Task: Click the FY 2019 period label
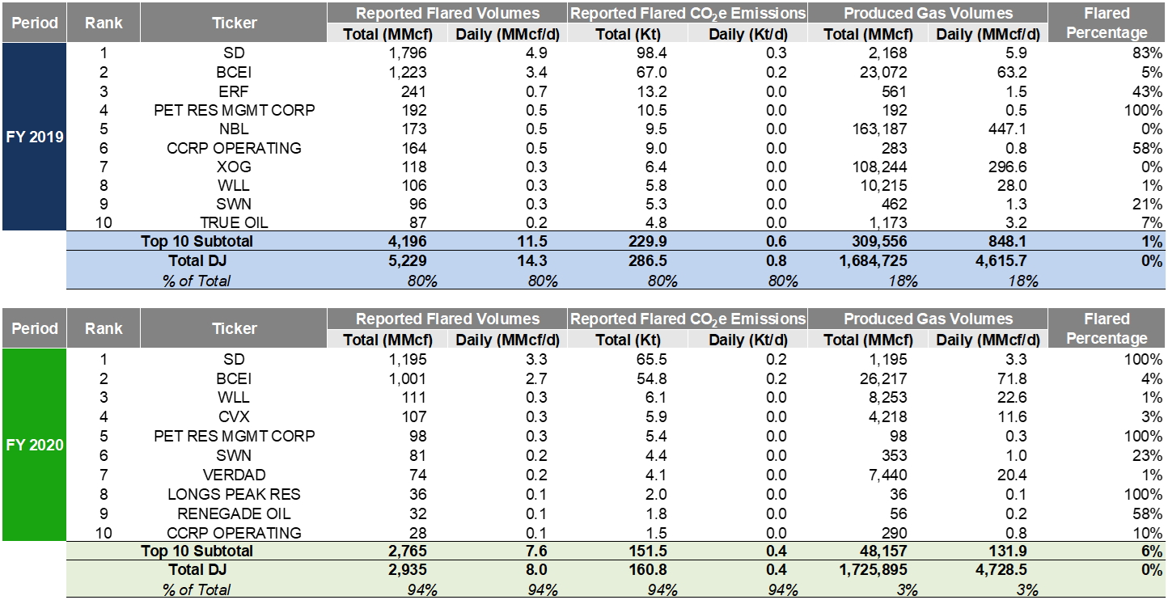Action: tap(34, 137)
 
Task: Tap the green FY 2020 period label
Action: tap(34, 445)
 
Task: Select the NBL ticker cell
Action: tap(234, 129)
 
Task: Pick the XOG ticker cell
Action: tap(234, 167)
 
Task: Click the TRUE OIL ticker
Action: tap(234, 222)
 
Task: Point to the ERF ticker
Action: tap(234, 90)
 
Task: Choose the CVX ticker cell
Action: tap(234, 416)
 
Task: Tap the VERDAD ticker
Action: tap(234, 475)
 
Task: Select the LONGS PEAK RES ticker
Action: tap(234, 494)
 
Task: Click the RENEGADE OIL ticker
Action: tap(234, 513)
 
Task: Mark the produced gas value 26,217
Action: tap(882, 378)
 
